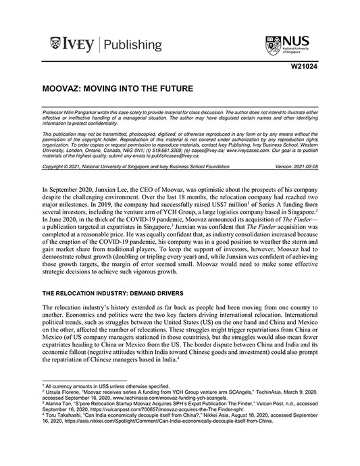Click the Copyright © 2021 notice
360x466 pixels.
click(x=61, y=165)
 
